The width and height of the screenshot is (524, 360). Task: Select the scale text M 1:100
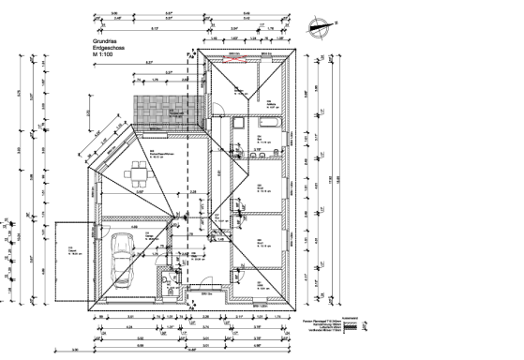click(x=104, y=58)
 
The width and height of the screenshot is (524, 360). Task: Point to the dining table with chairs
click(x=141, y=172)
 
